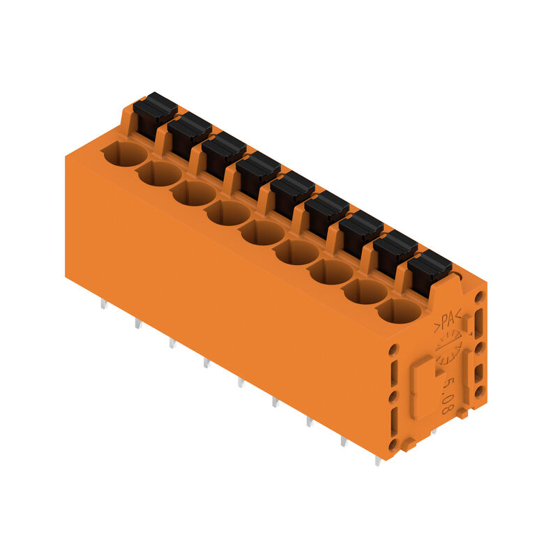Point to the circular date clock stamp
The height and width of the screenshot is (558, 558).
tap(448, 349)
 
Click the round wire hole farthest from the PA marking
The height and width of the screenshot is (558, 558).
tap(126, 153)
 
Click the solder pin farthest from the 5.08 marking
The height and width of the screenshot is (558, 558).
tap(103, 303)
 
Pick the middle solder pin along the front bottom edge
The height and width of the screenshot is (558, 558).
tap(241, 382)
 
